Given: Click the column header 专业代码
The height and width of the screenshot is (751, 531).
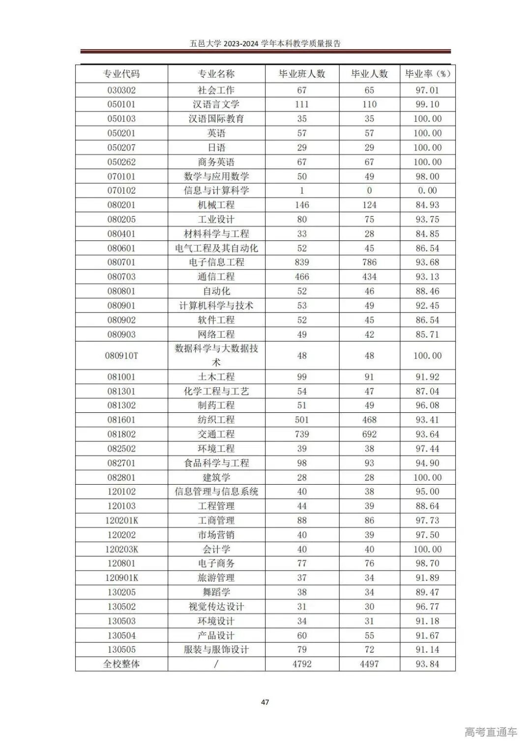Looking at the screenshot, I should (x=121, y=74).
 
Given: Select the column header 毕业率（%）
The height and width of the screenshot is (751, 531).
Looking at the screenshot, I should (x=427, y=74).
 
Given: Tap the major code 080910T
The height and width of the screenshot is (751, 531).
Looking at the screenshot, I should (x=121, y=355).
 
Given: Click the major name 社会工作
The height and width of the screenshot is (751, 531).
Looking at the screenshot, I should (x=216, y=90).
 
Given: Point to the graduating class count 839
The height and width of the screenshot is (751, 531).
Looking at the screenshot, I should (x=302, y=262).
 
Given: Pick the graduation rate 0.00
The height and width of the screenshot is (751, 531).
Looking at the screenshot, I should (x=427, y=190).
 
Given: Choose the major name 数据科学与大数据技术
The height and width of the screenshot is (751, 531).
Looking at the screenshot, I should (x=216, y=355).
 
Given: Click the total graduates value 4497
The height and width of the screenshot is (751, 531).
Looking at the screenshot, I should (x=369, y=664).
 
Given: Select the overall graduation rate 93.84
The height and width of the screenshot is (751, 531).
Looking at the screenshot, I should (x=427, y=664).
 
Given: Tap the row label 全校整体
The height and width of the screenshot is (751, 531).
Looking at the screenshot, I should (x=121, y=664).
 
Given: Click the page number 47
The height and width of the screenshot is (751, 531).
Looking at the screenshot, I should (x=265, y=702).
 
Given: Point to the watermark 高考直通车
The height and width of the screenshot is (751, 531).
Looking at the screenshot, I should (x=491, y=732).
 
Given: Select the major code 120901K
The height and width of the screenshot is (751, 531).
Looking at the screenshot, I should (x=121, y=578).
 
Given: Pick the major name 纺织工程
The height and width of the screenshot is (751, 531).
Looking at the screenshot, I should (x=216, y=420).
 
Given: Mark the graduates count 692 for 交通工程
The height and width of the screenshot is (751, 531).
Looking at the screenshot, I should (x=369, y=434).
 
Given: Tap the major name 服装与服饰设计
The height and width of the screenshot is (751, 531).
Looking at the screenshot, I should (x=216, y=649).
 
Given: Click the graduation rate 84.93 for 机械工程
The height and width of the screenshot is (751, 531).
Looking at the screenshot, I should (x=427, y=204).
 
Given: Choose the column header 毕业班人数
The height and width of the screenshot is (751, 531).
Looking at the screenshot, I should (x=302, y=74).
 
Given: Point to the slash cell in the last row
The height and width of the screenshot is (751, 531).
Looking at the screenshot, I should (x=216, y=664).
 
